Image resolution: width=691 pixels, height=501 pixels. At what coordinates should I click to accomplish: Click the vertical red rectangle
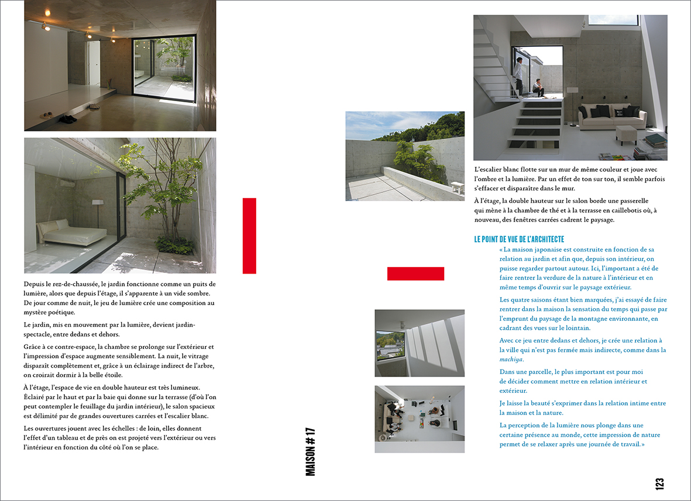coord(249,236)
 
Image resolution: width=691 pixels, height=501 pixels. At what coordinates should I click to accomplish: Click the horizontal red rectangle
coord(415,274)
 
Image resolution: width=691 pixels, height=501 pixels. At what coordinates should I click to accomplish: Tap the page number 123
coord(659,484)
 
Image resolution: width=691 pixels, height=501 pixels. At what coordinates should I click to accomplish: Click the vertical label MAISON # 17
coord(311,452)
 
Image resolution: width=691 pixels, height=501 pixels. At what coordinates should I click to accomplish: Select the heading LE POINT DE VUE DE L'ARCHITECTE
coord(519,239)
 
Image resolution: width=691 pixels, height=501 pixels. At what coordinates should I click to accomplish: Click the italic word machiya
coord(511,360)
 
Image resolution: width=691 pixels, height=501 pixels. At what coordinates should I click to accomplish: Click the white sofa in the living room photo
coord(612,118)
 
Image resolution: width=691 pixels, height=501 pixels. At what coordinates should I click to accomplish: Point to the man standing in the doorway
coord(518,75)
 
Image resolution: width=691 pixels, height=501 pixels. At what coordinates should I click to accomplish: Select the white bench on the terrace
coord(458,186)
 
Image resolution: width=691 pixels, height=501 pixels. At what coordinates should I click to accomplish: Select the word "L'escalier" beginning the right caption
coord(489,170)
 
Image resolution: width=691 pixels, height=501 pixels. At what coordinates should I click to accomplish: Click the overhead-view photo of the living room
coord(420,419)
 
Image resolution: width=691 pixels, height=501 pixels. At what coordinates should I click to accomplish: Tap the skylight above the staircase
coord(613,20)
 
